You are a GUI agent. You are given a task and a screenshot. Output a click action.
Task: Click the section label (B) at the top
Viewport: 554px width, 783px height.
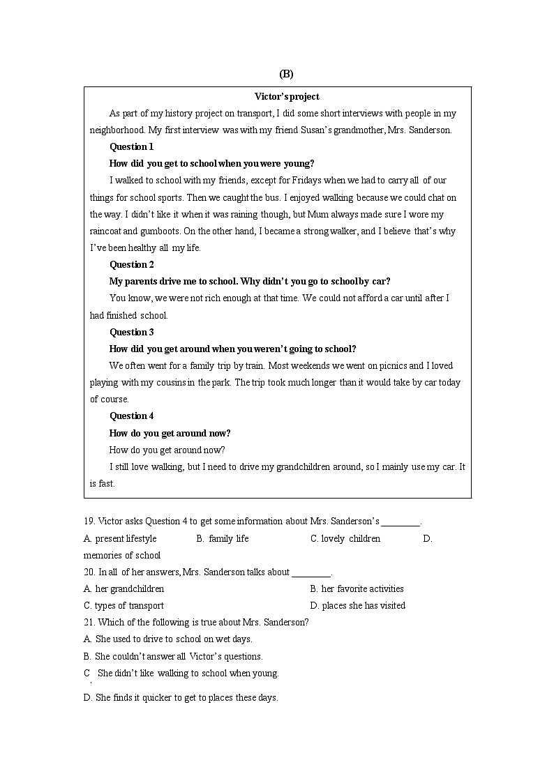pos(286,74)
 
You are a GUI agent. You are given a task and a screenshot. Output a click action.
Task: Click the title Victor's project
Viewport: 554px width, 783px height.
pos(287,97)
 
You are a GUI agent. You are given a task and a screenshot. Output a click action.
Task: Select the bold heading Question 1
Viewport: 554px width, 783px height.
pos(131,147)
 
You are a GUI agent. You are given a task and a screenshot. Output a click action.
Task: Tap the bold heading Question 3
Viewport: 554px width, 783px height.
pos(131,332)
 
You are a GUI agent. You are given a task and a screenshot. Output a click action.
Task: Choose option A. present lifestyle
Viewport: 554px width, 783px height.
pos(120,539)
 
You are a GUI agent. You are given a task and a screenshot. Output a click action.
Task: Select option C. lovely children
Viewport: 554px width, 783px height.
pos(345,539)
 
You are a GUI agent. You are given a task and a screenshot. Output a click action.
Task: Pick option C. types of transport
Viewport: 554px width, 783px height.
pos(123,606)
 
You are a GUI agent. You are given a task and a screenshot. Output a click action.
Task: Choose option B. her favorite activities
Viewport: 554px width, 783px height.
pos(357,589)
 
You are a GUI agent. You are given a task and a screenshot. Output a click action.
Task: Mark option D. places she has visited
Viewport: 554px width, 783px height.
pos(357,606)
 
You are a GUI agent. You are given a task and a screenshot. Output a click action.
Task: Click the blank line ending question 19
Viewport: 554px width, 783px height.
pos(401,523)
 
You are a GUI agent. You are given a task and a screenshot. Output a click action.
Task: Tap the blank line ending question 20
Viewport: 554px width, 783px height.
pos(311,574)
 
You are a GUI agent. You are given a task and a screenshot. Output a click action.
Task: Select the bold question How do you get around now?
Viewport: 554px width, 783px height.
pos(170,433)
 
